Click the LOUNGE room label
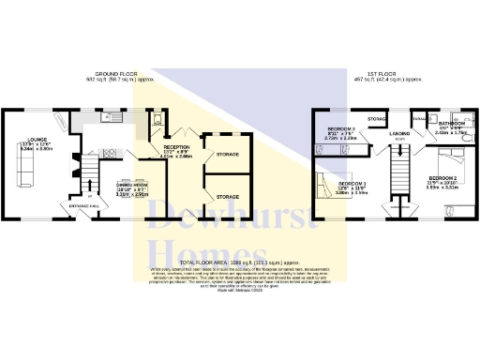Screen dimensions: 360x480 pyautogui.click(x=25, y=139)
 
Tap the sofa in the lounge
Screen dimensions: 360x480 pyautogui.click(x=25, y=165)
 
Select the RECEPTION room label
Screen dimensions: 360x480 pyautogui.click(x=177, y=147)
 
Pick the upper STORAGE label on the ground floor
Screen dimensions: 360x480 pyautogui.click(x=228, y=153)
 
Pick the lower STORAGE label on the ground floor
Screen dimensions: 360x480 pyautogui.click(x=228, y=197)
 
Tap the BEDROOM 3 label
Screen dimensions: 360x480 pyautogui.click(x=340, y=127)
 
